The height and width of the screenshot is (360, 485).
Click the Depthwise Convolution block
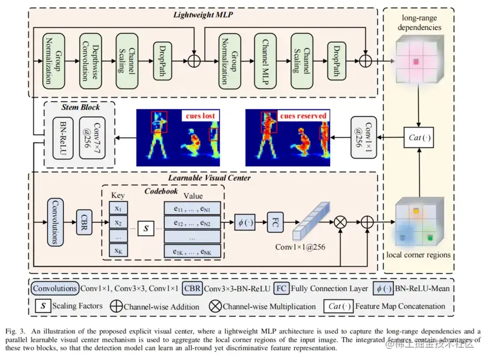coord(90,61)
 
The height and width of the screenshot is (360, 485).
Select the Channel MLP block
coord(265,61)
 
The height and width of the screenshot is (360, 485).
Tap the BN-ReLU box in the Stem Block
coord(63,138)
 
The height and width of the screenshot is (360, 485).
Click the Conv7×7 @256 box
coord(92,138)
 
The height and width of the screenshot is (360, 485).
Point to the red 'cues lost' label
coord(200,116)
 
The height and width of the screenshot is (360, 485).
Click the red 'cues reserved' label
coord(303,116)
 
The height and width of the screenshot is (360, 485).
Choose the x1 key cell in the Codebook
coord(118,208)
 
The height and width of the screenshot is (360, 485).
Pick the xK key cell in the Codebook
coord(118,250)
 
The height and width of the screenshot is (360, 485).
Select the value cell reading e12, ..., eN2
coord(192,222)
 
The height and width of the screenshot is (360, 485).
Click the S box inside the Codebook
coord(146,228)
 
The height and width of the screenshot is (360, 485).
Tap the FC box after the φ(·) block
coord(275,222)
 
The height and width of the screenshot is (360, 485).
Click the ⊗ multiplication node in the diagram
coord(340,222)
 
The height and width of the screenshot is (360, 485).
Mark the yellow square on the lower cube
coord(416,211)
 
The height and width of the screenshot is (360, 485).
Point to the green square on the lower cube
coord(430,238)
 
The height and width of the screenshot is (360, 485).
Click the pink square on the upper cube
coord(416,62)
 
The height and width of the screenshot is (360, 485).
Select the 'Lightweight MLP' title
coord(203,15)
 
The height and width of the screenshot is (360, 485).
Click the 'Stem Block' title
coord(80,107)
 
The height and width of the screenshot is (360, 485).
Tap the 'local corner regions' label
coord(418,255)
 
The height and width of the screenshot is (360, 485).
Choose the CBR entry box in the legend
coord(192,288)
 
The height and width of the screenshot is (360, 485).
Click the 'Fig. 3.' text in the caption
coord(15,331)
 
